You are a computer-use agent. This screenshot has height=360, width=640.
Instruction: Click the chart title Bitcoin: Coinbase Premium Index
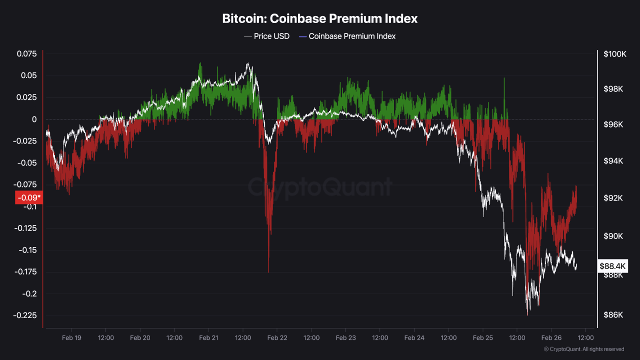tap(320, 19)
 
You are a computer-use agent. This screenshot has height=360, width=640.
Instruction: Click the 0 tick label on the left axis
tap(34, 119)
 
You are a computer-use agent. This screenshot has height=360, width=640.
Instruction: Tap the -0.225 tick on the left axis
tap(25, 315)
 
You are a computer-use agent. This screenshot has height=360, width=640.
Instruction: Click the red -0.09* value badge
tap(29, 198)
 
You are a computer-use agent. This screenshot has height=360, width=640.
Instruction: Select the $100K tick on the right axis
tap(615, 54)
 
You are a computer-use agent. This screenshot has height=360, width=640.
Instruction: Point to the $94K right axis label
tap(613, 161)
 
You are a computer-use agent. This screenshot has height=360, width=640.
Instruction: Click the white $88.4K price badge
tap(613, 266)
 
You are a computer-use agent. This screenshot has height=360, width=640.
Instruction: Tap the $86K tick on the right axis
tap(613, 315)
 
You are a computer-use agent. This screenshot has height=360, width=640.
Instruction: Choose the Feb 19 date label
tap(71, 338)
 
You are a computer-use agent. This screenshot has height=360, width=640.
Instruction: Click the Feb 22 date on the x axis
tap(277, 338)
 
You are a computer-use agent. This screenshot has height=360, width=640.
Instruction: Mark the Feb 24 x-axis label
tap(414, 338)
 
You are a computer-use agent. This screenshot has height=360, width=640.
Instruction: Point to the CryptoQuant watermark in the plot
tap(320, 187)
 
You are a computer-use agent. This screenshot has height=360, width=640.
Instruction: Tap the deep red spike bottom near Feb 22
tap(268, 271)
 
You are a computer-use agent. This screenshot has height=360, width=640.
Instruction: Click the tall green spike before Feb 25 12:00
tap(504, 79)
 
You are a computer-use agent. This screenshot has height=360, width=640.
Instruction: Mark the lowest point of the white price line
tap(527, 314)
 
